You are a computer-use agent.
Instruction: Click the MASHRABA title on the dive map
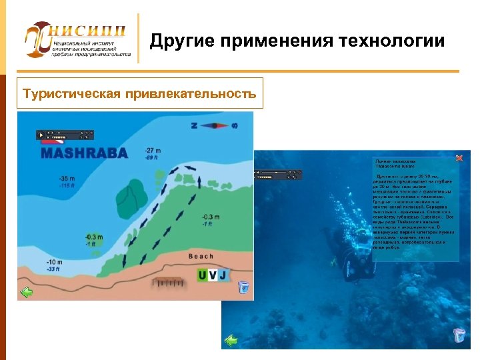[84, 153]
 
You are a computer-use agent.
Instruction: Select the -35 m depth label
[67, 179]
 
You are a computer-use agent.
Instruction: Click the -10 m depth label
[55, 262]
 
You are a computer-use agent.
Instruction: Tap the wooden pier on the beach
[169, 283]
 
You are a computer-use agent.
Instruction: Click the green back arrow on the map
[27, 292]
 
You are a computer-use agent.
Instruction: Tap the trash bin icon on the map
[243, 287]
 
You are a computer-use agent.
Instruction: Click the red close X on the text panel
[459, 158]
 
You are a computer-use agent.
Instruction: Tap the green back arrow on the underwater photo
[231, 341]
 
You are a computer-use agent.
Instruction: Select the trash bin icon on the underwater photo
[459, 335]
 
